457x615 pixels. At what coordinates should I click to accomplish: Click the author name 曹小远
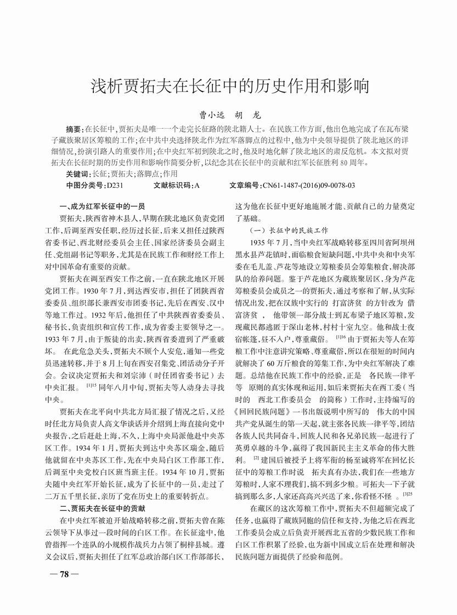pyautogui.click(x=211, y=116)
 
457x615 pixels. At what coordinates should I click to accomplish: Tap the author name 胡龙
pyautogui.click(x=249, y=116)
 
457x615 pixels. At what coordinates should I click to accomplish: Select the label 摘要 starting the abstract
pyautogui.click(x=74, y=129)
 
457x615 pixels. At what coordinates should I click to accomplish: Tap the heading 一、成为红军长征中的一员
pyautogui.click(x=101, y=207)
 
